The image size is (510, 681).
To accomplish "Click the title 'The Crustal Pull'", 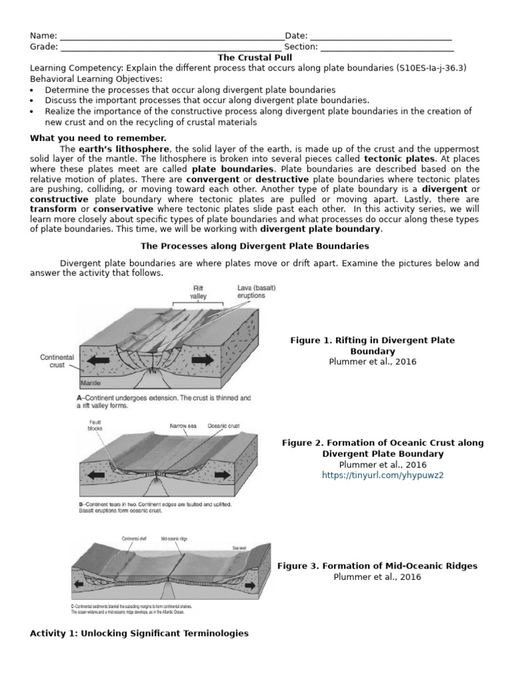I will click(x=255, y=58).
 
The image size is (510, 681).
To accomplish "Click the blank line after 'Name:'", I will click(x=171, y=37).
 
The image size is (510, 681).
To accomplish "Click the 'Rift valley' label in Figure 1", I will click(x=199, y=292).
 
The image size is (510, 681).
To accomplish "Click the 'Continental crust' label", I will click(x=56, y=362).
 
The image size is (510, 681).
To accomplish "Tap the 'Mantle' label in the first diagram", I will click(x=90, y=384).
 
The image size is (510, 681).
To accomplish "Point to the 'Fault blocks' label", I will click(x=95, y=425).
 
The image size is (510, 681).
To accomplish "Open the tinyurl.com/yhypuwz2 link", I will click(x=382, y=475).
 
